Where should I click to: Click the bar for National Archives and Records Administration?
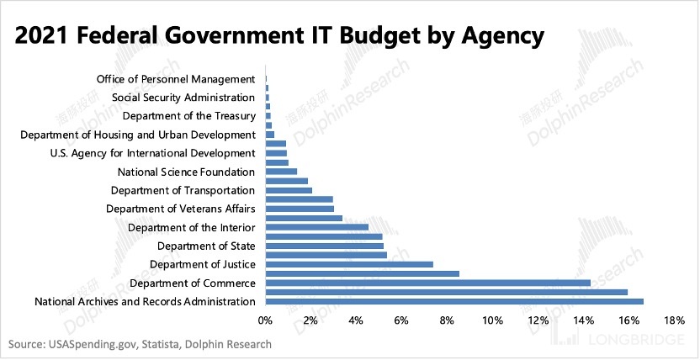coord(454,301)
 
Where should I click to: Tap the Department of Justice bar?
coord(349,264)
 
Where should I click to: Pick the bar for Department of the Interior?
coord(316,227)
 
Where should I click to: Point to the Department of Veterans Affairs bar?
coord(300,208)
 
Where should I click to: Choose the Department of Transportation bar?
coord(289,190)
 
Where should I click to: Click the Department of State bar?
coord(324,246)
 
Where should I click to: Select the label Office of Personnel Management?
coord(177,79)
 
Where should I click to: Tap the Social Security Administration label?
coord(183,98)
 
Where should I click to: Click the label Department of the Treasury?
coord(188,116)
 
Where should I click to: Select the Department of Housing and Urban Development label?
coord(137,135)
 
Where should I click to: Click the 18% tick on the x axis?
coord(675,320)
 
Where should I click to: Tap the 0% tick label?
coord(266,320)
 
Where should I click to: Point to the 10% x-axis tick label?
coord(492,320)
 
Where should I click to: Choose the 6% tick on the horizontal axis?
coord(401,320)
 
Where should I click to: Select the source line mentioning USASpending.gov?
coord(140,344)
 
